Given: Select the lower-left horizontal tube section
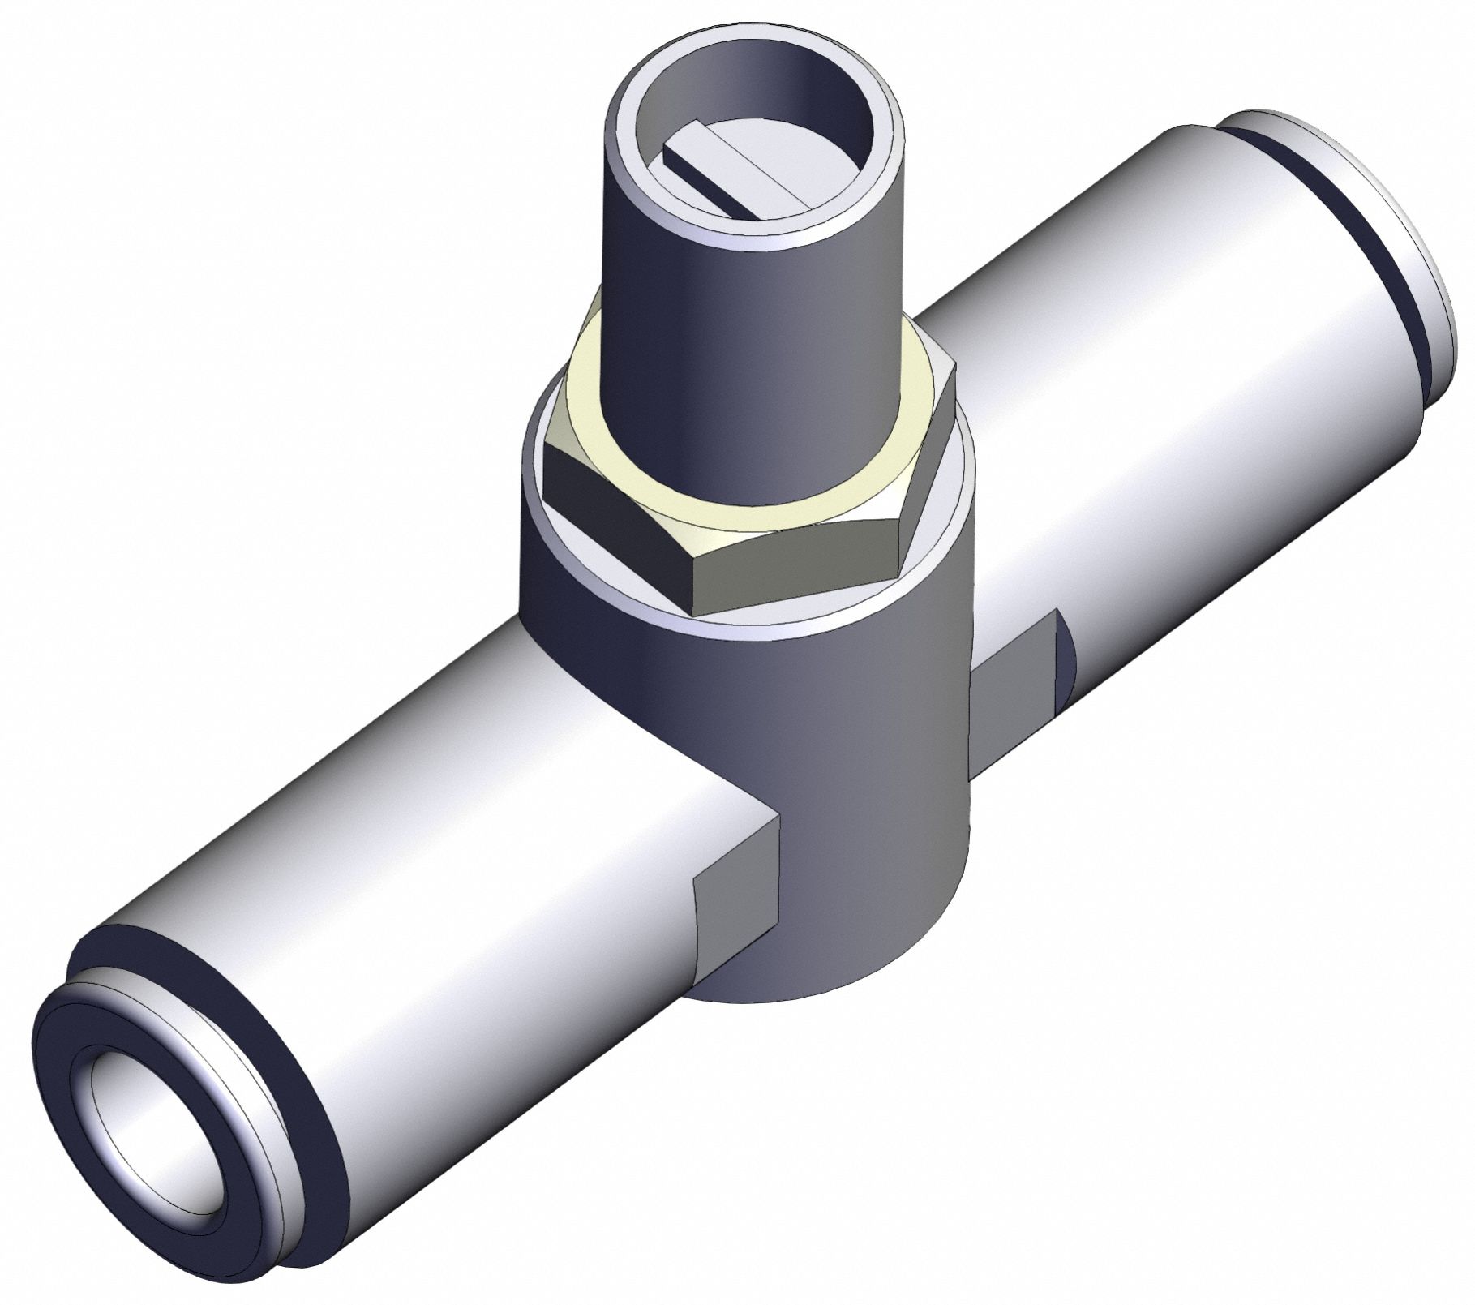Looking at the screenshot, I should [x=405, y=876].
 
